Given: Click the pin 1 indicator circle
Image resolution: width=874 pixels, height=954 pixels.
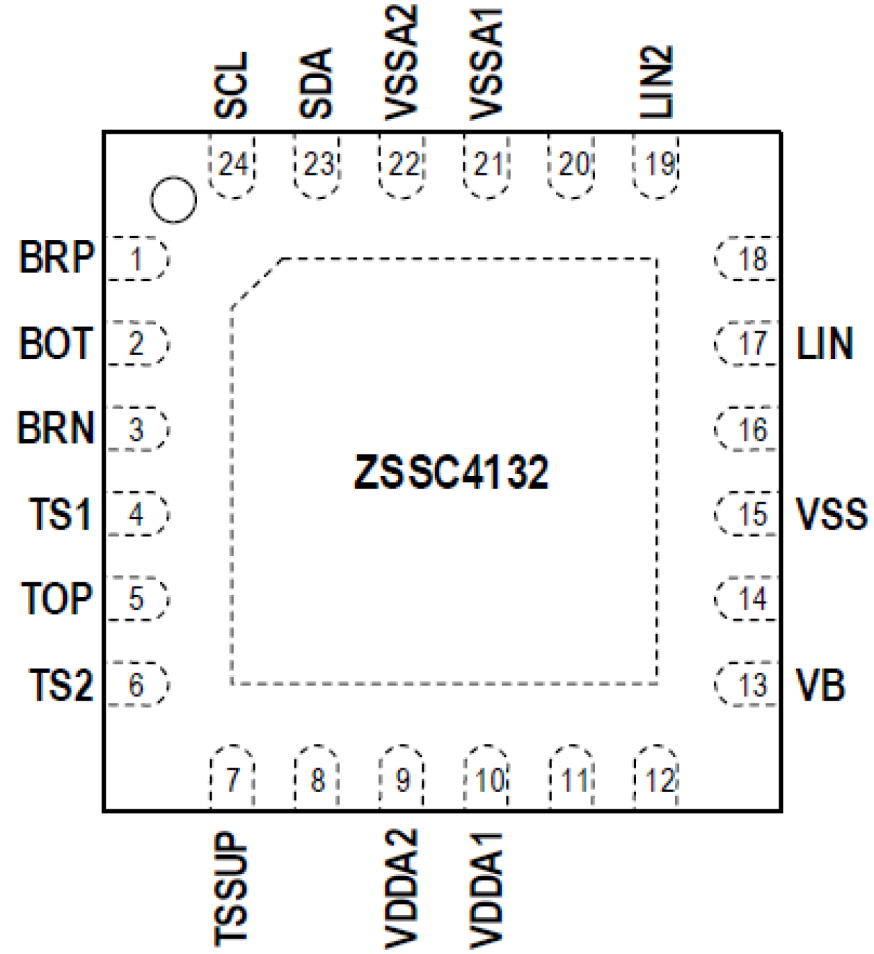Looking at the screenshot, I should tap(173, 200).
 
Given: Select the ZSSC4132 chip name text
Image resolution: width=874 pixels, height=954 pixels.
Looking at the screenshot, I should tap(452, 472).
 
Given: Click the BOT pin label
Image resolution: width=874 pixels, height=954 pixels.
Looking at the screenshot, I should tap(56, 343).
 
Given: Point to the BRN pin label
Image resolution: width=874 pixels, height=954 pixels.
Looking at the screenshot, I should tap(56, 428).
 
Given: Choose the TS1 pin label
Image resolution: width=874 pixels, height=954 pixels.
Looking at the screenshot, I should tap(60, 514).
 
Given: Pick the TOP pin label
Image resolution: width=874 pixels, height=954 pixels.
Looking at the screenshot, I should tap(57, 598).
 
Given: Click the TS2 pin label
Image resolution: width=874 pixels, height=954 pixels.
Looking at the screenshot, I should tap(61, 685).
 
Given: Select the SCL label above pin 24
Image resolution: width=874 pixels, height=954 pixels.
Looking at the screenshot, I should tap(231, 85).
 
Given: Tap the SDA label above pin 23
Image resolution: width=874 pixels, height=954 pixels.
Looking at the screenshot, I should tap(317, 84).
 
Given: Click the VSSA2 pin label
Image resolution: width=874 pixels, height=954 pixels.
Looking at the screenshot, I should tap(402, 63).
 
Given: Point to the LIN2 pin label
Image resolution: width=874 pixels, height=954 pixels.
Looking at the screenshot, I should tap(656, 81).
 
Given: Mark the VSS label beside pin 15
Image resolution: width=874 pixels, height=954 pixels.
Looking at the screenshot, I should tap(832, 514).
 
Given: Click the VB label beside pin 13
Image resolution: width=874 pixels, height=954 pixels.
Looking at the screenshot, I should tap(820, 685).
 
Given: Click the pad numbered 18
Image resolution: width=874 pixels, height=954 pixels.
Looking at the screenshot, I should tap(747, 259).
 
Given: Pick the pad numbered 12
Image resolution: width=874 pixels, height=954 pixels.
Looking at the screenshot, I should tap(656, 779).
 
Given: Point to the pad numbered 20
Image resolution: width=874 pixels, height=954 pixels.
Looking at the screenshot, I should tap(572, 166).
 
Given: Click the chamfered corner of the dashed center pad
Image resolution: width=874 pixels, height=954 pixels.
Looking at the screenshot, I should tap(256, 282).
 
